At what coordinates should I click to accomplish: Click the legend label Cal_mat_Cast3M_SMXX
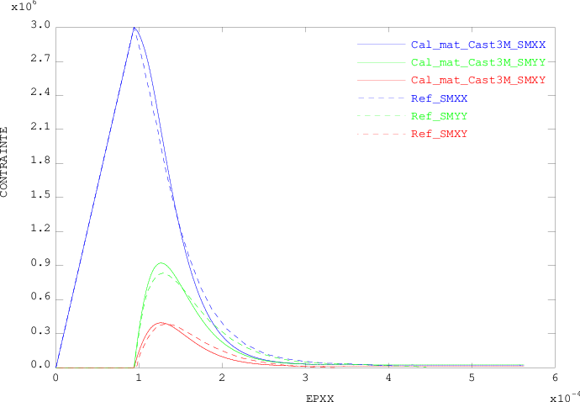(478, 45)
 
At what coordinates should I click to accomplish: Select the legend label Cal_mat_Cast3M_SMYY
(478, 62)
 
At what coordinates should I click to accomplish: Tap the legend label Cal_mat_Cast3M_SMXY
(478, 80)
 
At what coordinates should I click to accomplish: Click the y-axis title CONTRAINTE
(5, 161)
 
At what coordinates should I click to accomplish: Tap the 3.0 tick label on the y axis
(40, 28)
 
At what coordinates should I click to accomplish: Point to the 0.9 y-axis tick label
(40, 265)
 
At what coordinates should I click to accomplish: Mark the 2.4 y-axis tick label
(40, 95)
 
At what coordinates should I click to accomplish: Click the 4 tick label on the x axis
(388, 378)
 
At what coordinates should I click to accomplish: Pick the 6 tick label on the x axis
(555, 378)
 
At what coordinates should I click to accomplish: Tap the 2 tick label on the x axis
(222, 378)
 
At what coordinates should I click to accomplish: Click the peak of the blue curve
(134, 28)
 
